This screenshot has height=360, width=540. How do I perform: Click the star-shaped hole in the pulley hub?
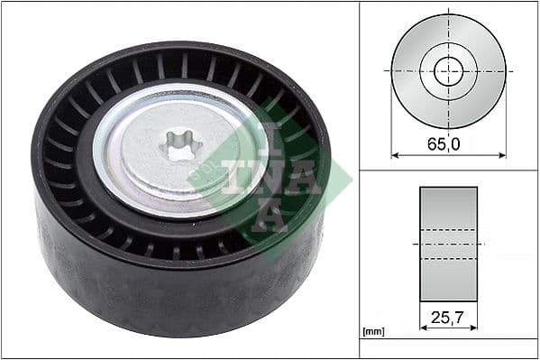pos(180,146)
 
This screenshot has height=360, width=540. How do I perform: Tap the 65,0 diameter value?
pos(448,142)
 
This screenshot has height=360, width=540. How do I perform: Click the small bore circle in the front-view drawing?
pos(448,70)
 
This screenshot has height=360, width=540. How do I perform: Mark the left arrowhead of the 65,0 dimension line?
pos(395,155)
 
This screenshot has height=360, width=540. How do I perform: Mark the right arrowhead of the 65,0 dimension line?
pos(501,155)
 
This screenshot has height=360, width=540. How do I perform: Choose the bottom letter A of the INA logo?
pos(262,217)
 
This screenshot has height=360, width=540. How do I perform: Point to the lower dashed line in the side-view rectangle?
pos(448,258)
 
